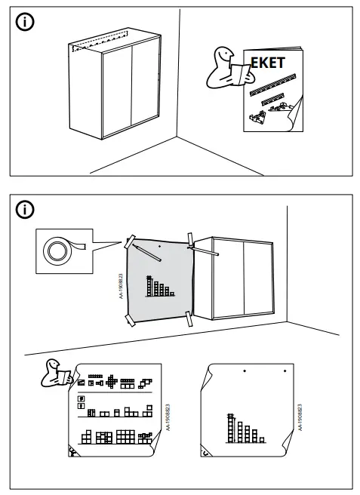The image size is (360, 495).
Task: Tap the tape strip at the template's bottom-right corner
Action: [x=188, y=318]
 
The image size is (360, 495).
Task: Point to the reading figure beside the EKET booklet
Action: [x=223, y=69]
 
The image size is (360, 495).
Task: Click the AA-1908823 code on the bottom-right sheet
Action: [x=300, y=420]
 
